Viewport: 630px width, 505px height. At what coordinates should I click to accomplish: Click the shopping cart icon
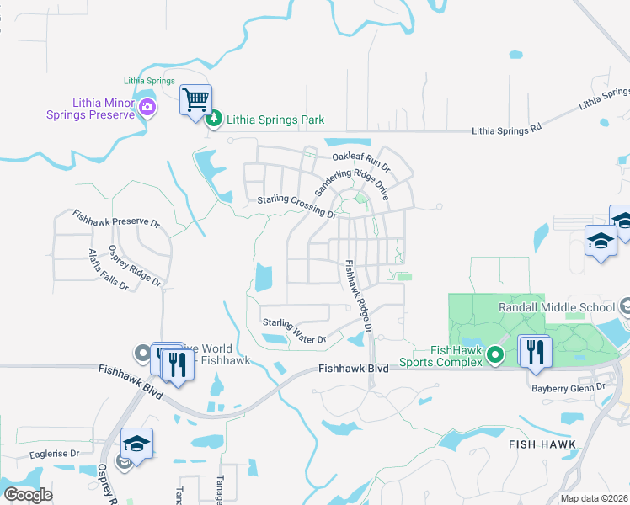tap(195, 100)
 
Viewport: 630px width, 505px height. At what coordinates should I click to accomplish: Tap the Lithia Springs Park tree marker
tap(215, 120)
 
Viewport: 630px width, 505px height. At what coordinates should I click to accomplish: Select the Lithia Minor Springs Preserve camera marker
tap(148, 106)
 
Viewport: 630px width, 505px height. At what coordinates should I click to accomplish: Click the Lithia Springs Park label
tap(275, 120)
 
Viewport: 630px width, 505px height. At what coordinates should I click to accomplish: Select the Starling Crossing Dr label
tap(297, 207)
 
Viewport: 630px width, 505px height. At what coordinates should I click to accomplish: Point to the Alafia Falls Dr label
tap(109, 270)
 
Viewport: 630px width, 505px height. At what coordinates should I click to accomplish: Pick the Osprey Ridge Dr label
tap(135, 266)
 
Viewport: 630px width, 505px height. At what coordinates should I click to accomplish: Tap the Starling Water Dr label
tap(293, 331)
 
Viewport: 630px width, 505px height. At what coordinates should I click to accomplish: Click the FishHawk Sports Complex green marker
tap(496, 356)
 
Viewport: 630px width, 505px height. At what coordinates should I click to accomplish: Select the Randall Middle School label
tap(557, 307)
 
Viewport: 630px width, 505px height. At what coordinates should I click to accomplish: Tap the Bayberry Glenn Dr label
tap(568, 387)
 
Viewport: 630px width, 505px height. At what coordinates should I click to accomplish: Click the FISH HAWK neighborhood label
tap(542, 444)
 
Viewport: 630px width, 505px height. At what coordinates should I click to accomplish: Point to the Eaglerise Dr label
tap(54, 453)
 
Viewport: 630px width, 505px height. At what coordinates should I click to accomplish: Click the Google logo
tap(28, 494)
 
